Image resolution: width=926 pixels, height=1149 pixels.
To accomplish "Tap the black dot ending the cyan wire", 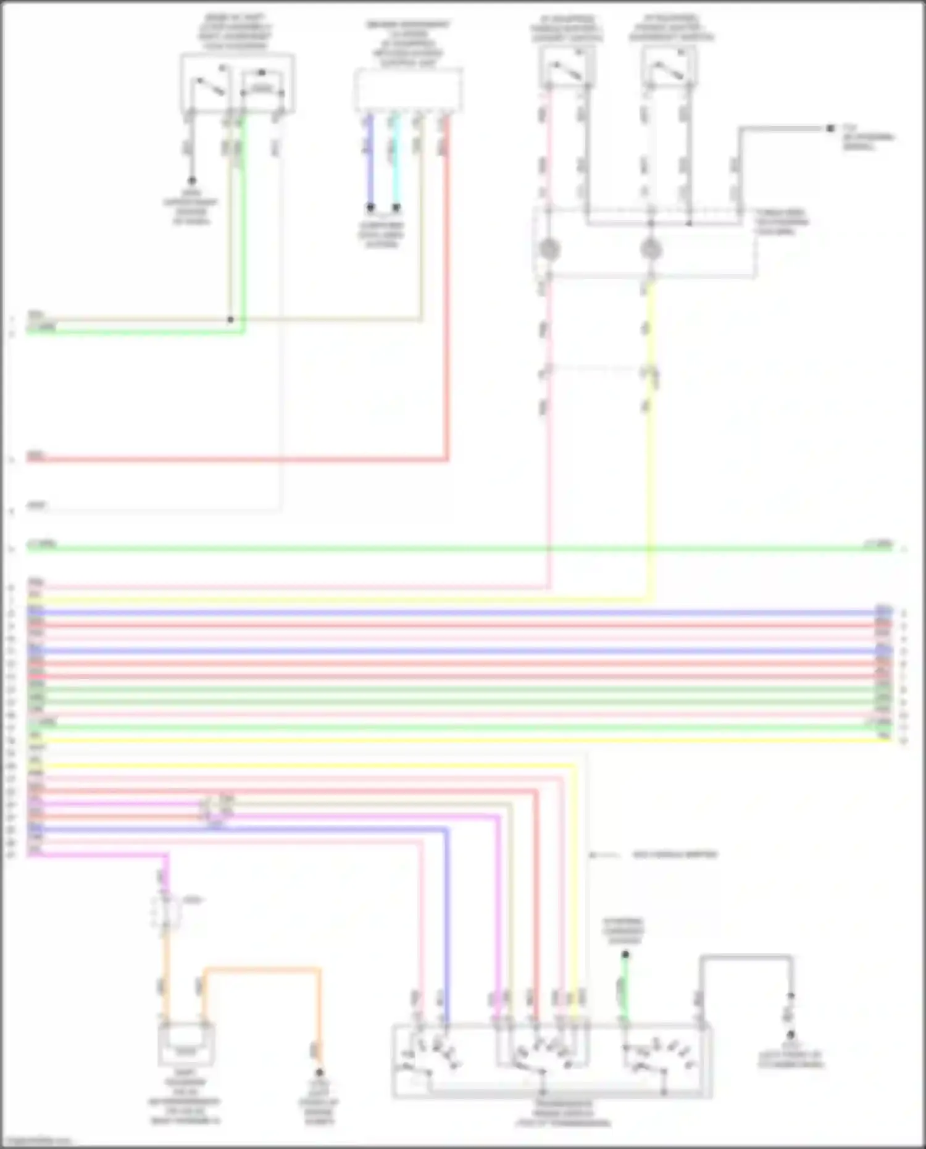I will [x=396, y=207].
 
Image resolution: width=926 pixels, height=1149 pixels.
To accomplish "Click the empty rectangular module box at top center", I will [x=408, y=90].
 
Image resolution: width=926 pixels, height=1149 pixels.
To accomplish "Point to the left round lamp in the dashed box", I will [x=549, y=249].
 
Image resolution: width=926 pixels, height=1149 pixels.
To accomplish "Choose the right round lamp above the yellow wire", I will [x=650, y=249].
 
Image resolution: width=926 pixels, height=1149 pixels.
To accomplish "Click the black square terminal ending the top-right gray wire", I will [x=830, y=128].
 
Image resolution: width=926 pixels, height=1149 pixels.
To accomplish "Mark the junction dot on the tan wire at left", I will [x=230, y=319].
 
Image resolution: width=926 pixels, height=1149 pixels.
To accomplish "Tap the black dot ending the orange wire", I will [x=319, y=1073].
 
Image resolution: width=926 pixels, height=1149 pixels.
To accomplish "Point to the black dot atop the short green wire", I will [x=625, y=955].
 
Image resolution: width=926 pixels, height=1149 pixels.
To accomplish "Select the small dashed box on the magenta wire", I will [x=165, y=912].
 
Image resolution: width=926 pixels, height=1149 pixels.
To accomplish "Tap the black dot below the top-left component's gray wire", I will [x=192, y=181].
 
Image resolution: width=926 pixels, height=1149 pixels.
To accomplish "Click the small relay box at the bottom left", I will [x=186, y=1043].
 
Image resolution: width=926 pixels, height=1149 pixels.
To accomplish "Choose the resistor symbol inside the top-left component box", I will [x=262, y=90].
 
